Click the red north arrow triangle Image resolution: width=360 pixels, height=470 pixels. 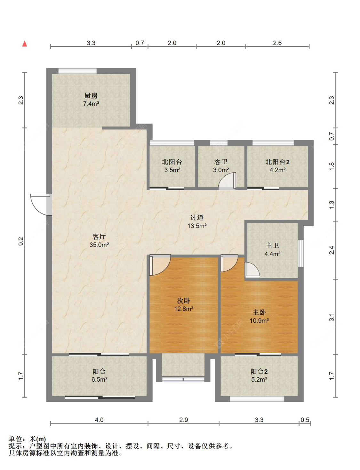point(25,44)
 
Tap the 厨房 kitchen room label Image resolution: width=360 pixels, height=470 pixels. point(91,96)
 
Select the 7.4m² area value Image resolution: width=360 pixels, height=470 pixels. point(91,104)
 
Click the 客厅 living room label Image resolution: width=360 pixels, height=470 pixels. point(99,237)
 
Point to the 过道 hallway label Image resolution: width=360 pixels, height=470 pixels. point(196,217)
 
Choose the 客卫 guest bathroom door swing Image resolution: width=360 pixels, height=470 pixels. point(227,181)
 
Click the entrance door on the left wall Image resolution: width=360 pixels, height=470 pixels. point(41,205)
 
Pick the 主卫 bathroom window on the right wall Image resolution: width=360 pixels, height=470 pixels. point(301,253)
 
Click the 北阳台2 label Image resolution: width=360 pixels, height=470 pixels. point(277,162)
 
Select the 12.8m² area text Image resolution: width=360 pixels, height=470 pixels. point(184,309)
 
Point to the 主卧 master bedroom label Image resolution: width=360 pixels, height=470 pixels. point(259,312)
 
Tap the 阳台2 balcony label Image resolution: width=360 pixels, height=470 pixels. point(259,371)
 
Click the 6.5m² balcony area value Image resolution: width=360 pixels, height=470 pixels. point(100,379)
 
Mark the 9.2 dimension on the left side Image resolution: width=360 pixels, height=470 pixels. point(21,241)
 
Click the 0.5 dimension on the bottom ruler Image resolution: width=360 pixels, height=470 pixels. point(305,420)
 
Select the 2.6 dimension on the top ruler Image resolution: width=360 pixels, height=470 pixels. point(277,43)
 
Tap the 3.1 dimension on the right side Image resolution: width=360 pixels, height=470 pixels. point(332,317)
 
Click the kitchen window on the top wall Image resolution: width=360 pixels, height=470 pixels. point(77,71)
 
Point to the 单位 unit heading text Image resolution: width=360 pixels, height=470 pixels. point(16,439)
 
